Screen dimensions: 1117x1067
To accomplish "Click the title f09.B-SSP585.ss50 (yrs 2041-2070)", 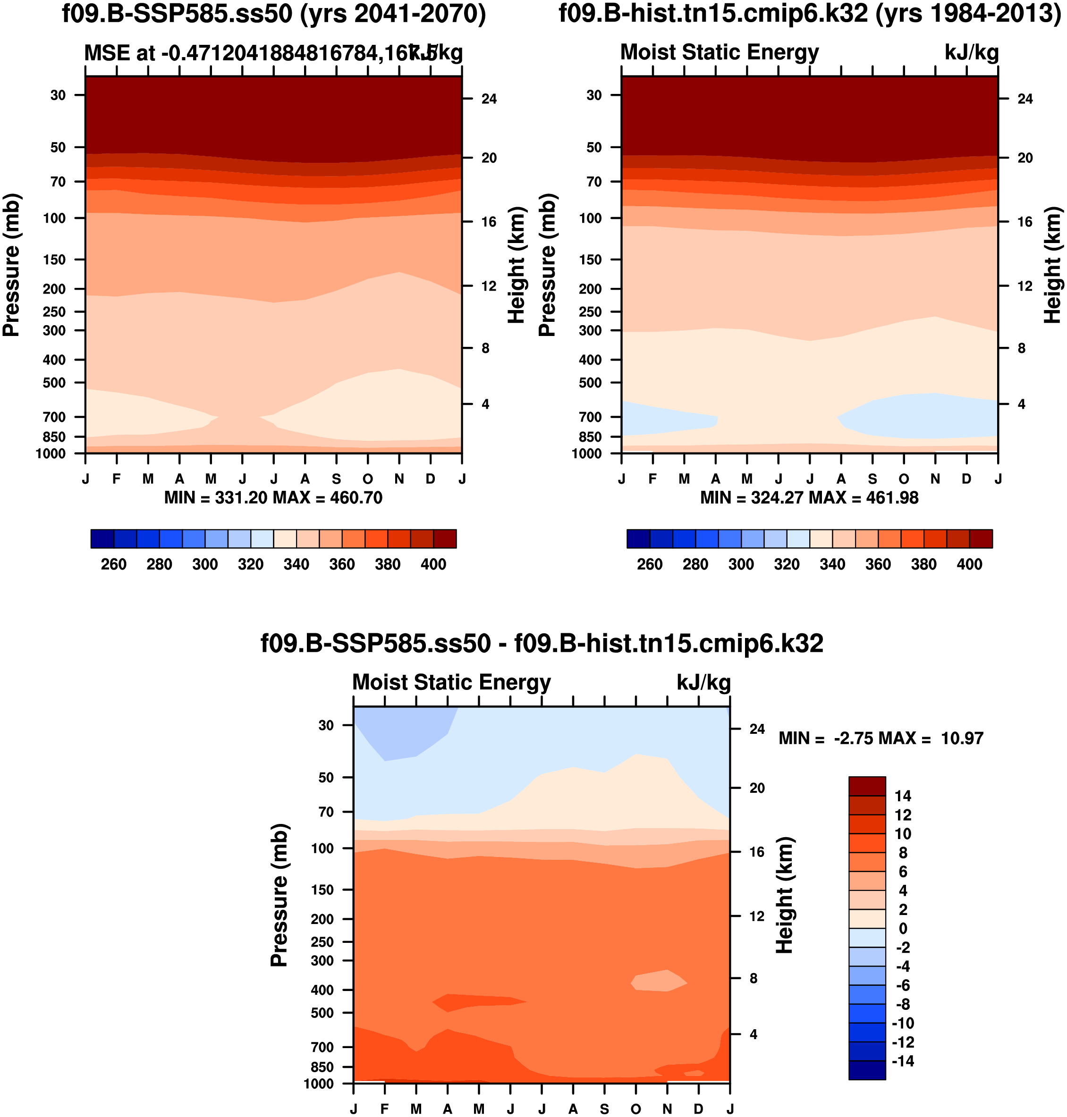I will coord(273,14).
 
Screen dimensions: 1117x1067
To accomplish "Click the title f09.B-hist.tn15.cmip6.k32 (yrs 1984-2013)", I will coord(809,14).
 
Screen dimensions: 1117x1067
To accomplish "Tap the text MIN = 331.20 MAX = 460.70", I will coord(273,498).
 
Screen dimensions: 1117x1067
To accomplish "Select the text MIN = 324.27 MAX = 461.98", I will coord(809,498).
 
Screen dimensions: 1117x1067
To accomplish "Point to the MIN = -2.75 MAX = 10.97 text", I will coord(881,739).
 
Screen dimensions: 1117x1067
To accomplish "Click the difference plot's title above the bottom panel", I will coord(542,644).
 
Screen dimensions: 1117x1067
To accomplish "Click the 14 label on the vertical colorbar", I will coord(903,796).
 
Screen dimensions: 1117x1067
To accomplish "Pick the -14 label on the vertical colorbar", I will coord(903,1061).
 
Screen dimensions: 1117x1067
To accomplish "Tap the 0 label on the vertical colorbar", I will coord(903,929).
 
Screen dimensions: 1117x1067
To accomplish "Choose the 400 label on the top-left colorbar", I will coord(433,564).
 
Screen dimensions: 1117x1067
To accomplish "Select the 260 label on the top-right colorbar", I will coord(650,564).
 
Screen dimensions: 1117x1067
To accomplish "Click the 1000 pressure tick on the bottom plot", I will coord(319,1084).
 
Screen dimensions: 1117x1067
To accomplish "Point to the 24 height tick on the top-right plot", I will coord(1025,99).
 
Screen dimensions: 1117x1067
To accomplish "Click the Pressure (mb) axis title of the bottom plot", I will coord(279,896).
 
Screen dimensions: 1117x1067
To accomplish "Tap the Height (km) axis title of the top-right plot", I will coord(1052,266).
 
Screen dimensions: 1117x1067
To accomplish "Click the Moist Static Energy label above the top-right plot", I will coord(719,52).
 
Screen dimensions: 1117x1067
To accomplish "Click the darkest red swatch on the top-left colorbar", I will coord(445,539).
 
